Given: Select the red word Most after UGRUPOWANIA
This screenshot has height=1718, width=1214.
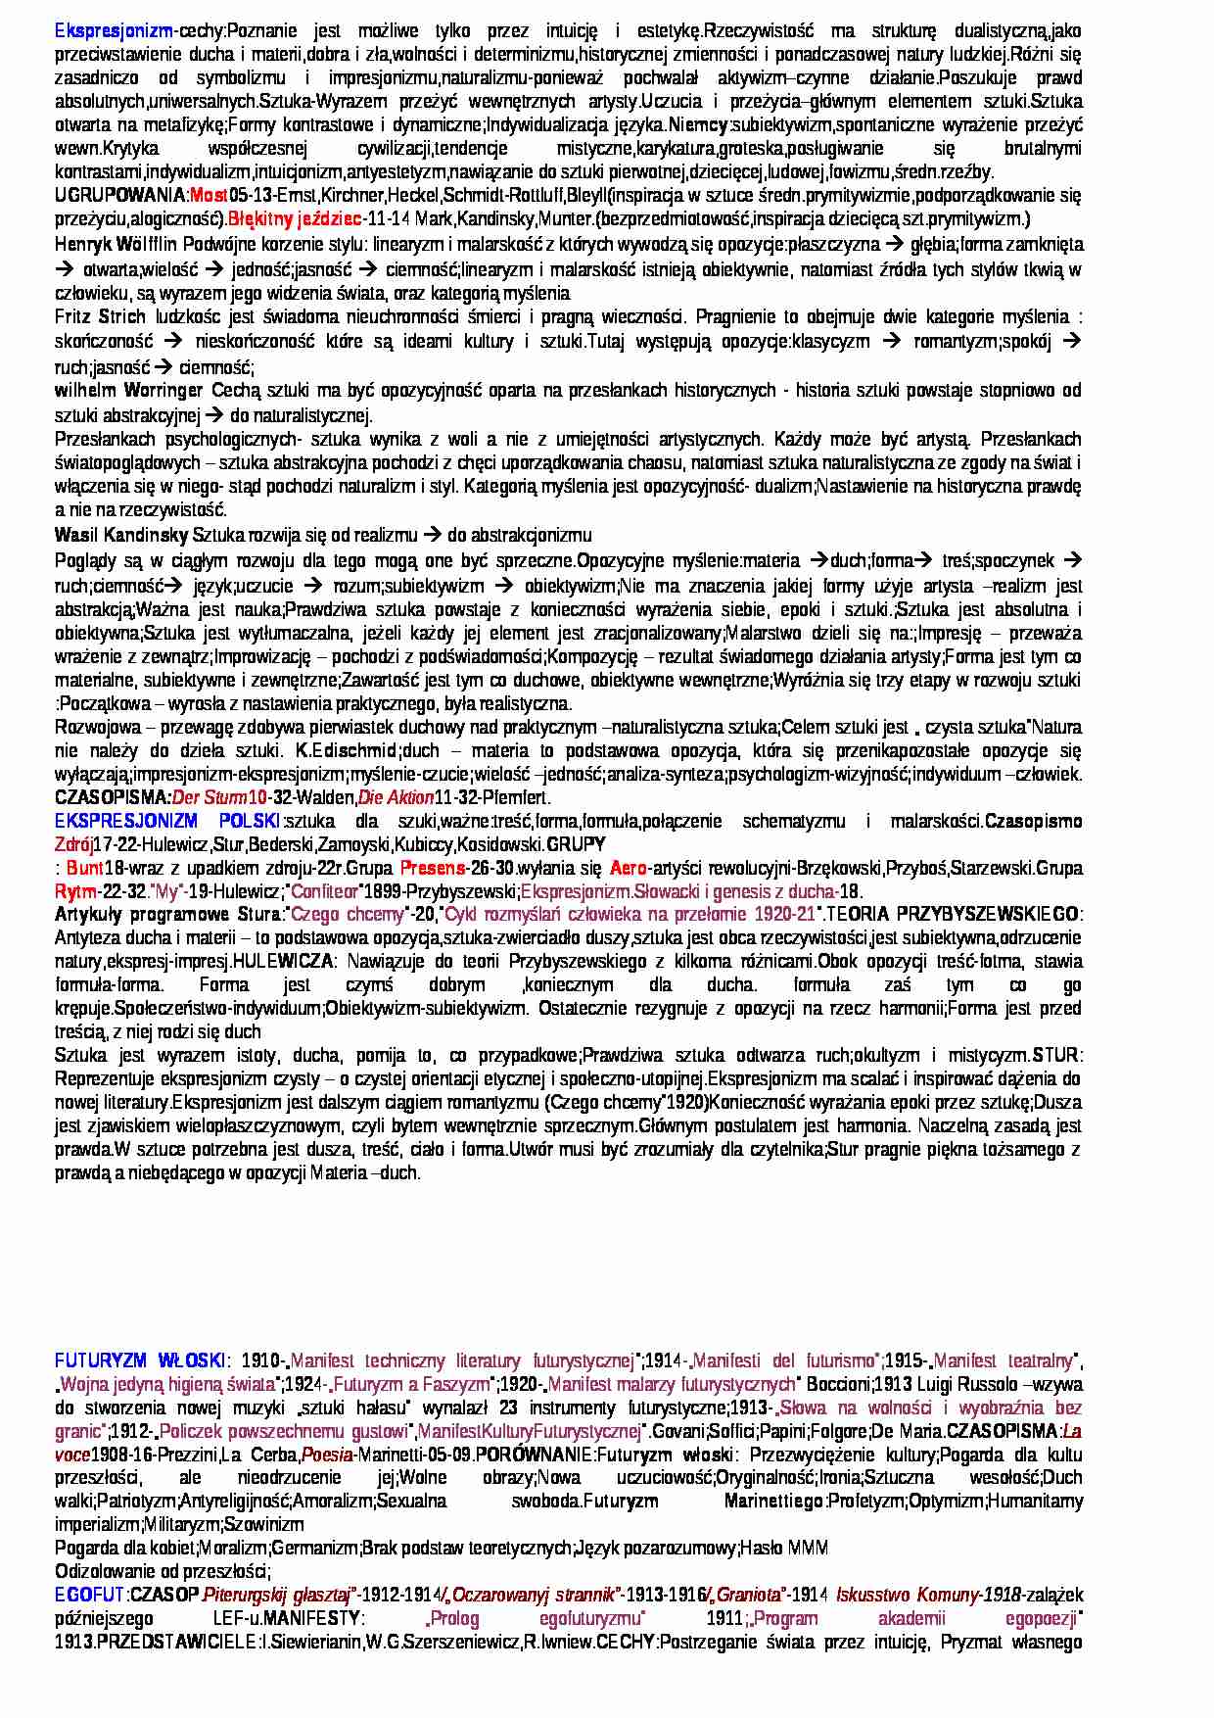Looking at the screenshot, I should coord(208,195).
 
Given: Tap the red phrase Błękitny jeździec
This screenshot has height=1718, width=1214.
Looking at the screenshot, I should coord(294,218).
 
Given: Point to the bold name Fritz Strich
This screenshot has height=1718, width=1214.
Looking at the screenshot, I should coord(100,316).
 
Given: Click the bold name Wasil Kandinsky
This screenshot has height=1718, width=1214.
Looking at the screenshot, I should coord(121,535).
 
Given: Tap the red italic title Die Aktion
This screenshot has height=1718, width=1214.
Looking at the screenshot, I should coord(395,797).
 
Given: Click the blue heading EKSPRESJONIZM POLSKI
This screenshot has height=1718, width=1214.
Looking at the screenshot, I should coord(166,821).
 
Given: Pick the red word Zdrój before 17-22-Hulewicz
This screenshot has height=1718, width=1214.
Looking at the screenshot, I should coord(73,844).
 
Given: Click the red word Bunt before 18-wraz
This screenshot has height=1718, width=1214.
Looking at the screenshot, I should coord(84,868).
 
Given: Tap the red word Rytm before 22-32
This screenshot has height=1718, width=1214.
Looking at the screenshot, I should coord(75,891).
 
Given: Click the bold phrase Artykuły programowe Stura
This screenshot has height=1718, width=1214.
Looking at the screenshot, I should coord(167,915).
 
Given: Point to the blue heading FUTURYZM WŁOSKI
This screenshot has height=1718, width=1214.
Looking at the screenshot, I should coord(140,1360).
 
